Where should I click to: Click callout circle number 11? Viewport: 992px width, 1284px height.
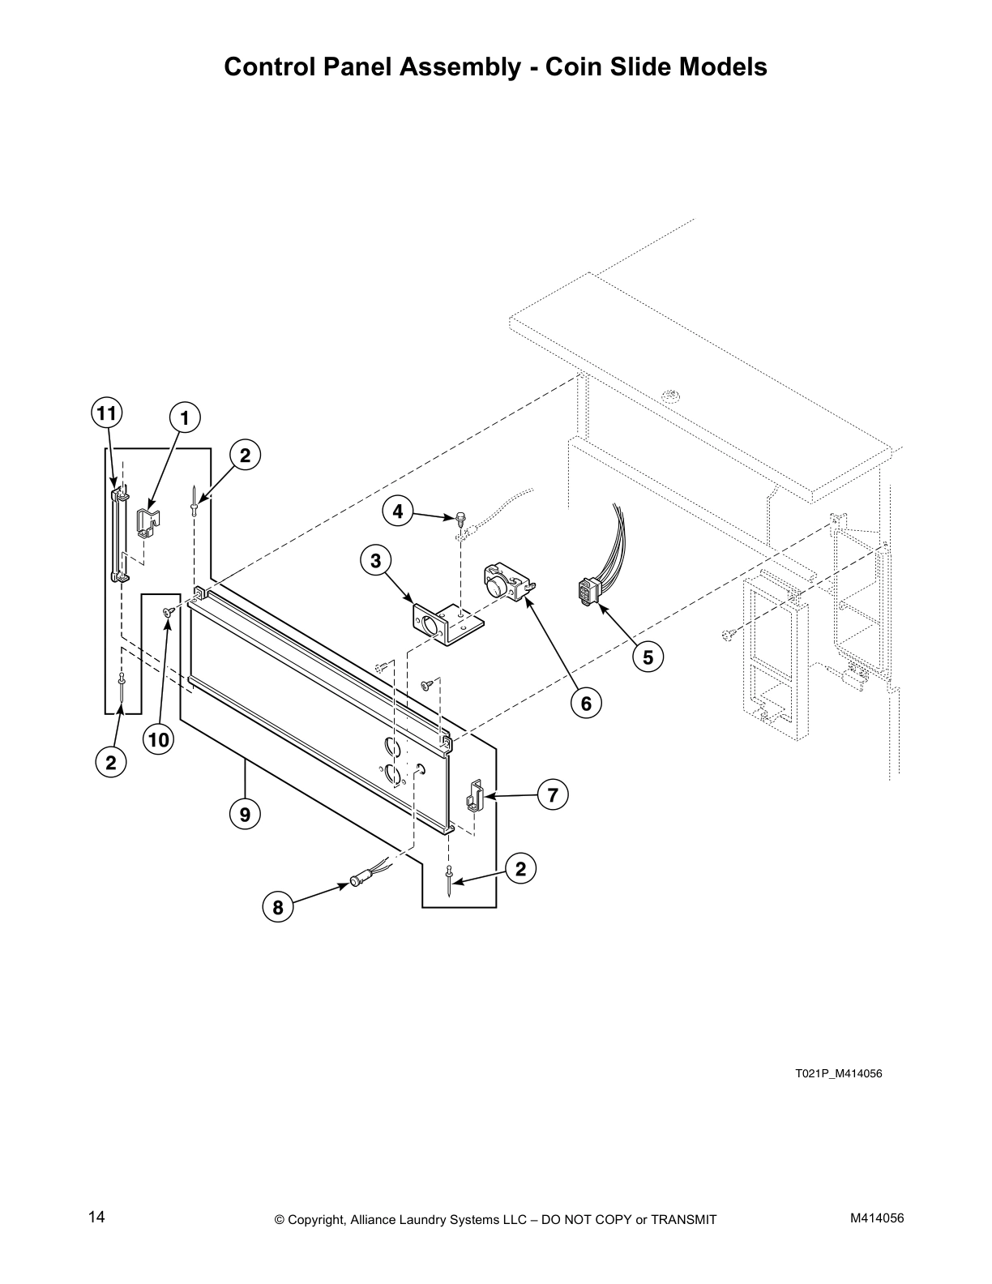click(105, 413)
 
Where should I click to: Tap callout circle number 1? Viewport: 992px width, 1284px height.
click(185, 418)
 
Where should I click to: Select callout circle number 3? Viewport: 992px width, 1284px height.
click(376, 559)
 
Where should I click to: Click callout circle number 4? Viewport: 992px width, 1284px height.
click(397, 511)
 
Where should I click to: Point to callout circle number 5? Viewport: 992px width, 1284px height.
click(648, 657)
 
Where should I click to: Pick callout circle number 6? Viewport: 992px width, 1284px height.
click(586, 703)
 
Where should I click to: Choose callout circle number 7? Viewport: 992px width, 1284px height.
click(552, 795)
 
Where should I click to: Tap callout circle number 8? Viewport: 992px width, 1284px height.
click(278, 907)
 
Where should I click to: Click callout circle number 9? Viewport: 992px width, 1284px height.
click(245, 813)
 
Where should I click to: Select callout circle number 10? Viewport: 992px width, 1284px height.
click(159, 739)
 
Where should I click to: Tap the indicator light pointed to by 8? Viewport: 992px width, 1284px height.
click(359, 879)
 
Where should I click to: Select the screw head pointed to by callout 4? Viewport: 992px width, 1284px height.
click(460, 516)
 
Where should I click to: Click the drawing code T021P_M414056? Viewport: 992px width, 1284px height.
click(837, 1074)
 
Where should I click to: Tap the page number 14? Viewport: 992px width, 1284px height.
click(96, 1217)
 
